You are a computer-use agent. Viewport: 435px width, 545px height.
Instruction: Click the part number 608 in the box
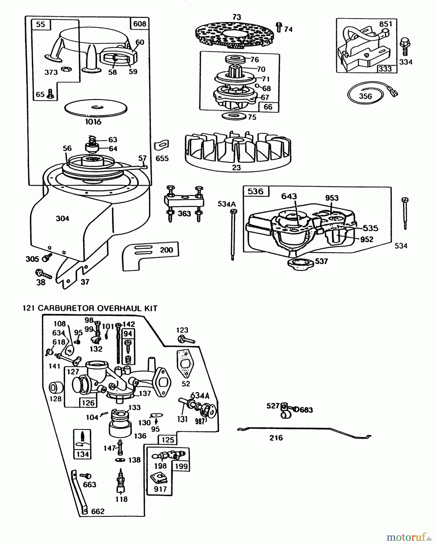tap(140, 24)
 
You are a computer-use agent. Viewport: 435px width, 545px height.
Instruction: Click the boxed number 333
tap(385, 68)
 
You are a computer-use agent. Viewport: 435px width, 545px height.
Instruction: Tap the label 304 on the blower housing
tap(62, 219)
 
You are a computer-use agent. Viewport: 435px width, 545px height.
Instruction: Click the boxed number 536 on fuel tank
tap(255, 192)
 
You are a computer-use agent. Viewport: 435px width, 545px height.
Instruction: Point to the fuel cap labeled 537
tap(300, 262)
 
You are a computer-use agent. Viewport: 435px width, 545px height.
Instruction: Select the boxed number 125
tap(168, 440)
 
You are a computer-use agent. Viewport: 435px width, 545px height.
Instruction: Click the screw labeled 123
tap(187, 339)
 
